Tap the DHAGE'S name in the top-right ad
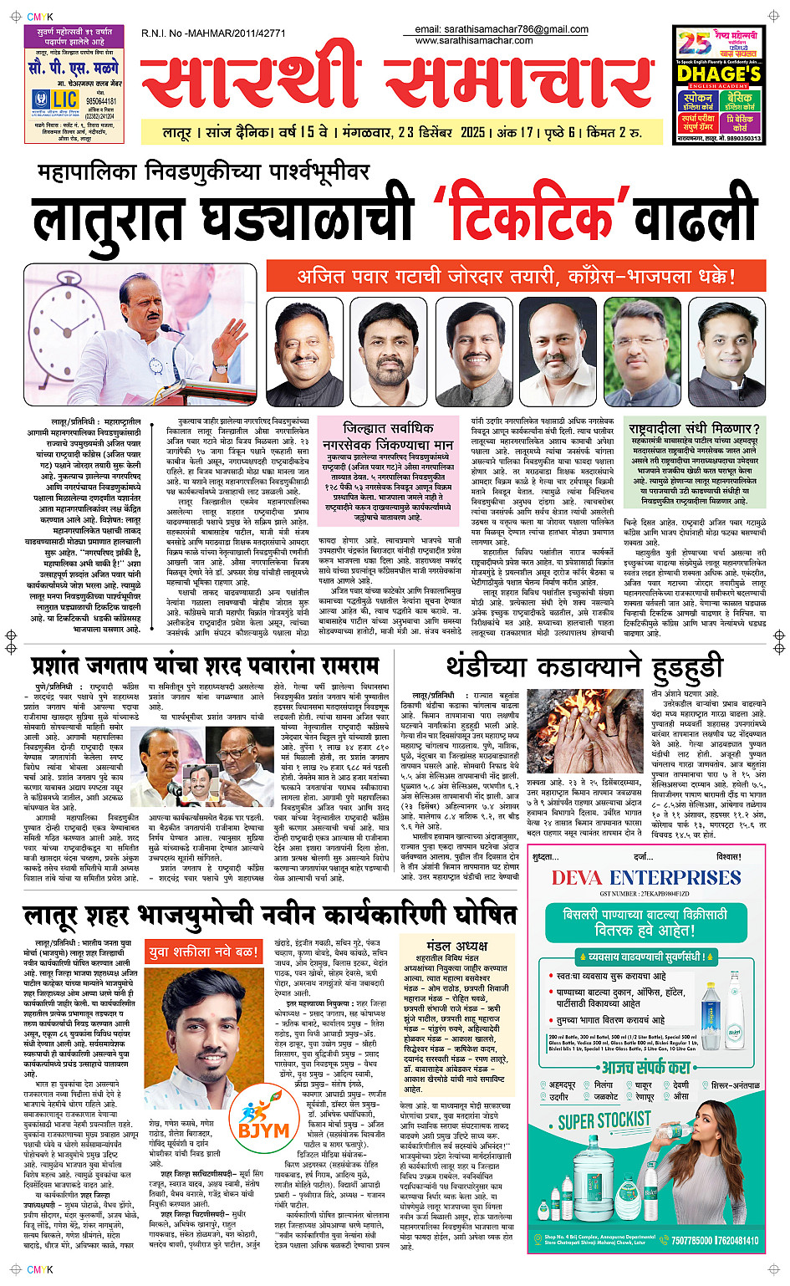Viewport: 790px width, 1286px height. point(719,74)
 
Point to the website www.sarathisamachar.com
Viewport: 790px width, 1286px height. point(474,40)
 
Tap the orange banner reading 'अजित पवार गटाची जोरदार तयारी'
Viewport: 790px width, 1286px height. point(516,276)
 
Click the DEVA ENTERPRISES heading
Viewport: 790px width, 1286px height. point(645,877)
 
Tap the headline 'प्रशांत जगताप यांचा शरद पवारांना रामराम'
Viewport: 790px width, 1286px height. point(206,666)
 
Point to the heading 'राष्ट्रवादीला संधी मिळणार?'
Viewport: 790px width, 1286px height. point(694,429)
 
